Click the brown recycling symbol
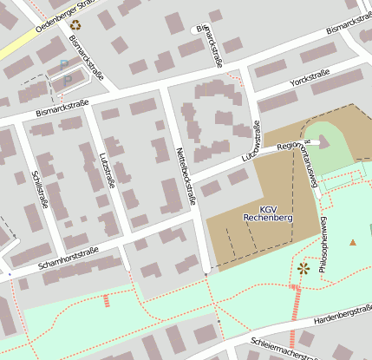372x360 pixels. (x=75, y=25)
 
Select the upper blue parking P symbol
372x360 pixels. (x=63, y=64)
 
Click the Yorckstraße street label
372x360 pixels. (x=311, y=79)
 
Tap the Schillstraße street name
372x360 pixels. (x=39, y=188)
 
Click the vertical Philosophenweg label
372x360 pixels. (x=323, y=245)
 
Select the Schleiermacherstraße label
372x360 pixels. (x=287, y=347)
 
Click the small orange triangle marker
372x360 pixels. (x=352, y=241)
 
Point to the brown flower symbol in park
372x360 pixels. (x=303, y=269)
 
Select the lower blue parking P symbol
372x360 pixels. (x=69, y=80)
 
